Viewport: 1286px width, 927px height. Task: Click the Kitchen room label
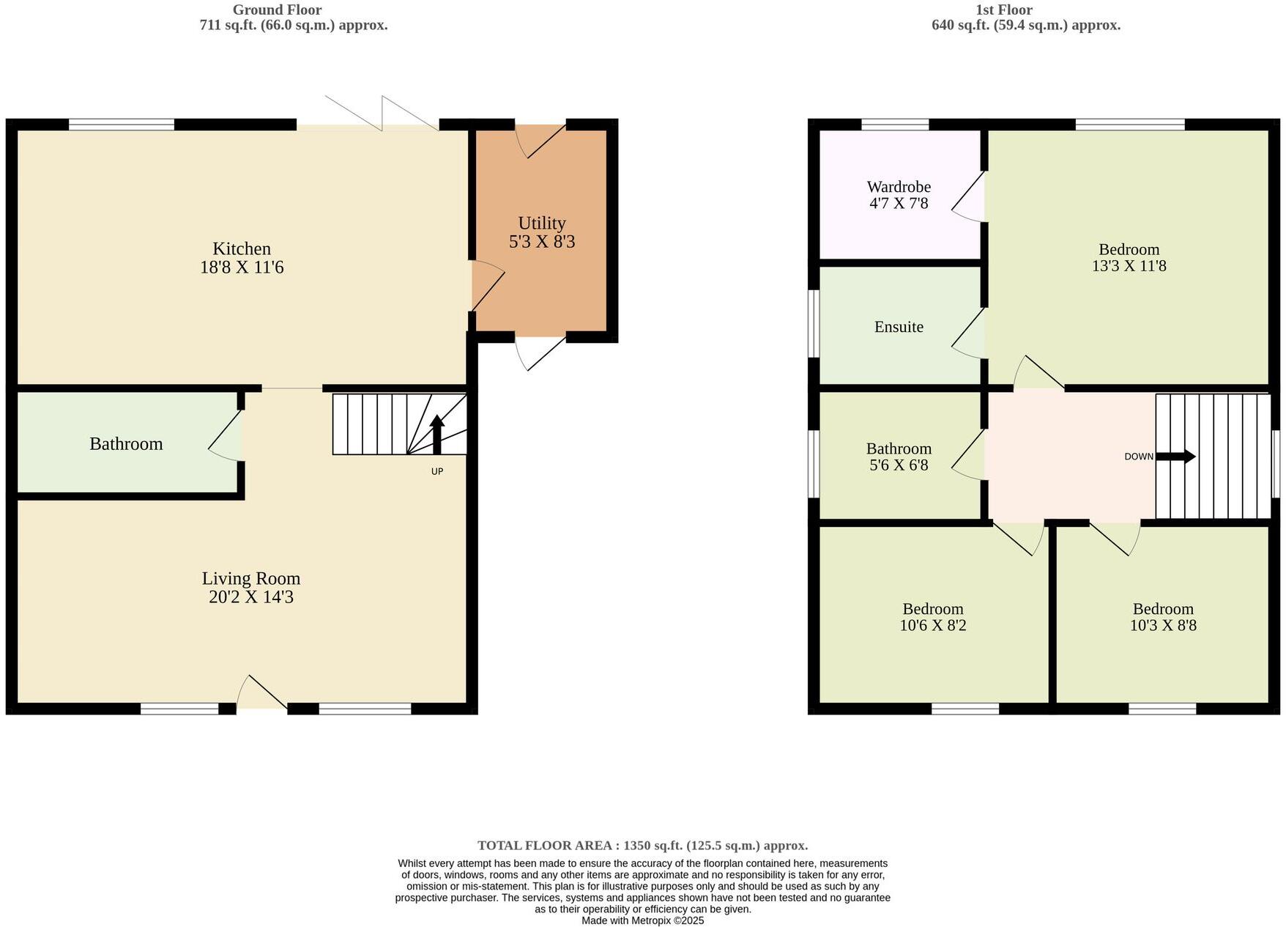click(242, 249)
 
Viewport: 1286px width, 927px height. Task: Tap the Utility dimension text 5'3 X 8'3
click(542, 242)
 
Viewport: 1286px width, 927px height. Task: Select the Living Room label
click(251, 578)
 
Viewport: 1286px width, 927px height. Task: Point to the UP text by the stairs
click(437, 471)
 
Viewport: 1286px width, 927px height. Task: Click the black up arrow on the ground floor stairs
click(437, 434)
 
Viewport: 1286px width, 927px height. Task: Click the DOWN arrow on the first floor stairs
click(1176, 457)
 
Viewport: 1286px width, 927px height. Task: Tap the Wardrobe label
click(899, 187)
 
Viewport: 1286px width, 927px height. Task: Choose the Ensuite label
click(899, 327)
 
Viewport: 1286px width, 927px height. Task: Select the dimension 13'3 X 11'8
click(1129, 266)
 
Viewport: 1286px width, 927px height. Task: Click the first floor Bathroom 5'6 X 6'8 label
click(899, 457)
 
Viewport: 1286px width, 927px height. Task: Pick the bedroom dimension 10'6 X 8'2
click(932, 625)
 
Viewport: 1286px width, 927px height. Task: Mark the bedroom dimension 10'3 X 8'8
click(1163, 625)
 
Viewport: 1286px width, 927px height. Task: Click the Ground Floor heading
click(277, 10)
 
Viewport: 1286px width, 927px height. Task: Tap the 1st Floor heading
click(1004, 10)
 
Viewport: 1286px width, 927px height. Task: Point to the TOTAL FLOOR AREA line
click(642, 845)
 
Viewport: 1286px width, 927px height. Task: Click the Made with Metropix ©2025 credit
click(642, 920)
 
